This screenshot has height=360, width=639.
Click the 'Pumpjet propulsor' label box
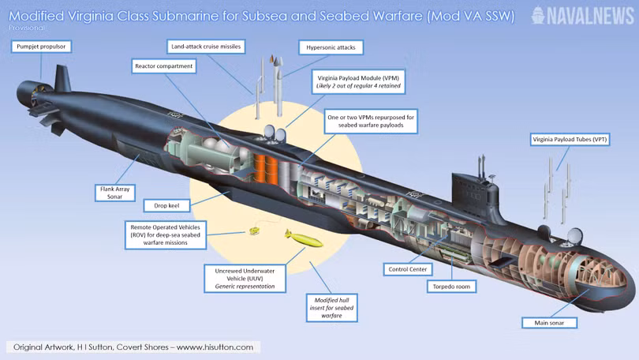(x=41, y=47)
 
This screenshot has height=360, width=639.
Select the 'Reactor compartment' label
(x=163, y=66)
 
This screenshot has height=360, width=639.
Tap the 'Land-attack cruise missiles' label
(x=206, y=47)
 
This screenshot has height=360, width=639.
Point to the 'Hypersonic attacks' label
(x=331, y=47)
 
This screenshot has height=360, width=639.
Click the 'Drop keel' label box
(x=163, y=205)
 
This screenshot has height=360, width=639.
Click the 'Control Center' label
(x=407, y=268)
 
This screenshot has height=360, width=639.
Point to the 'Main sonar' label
(x=549, y=322)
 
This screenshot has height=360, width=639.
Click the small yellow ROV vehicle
(x=254, y=231)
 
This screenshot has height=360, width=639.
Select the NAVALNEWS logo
(x=581, y=14)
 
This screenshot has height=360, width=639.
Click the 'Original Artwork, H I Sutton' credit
(x=133, y=347)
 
